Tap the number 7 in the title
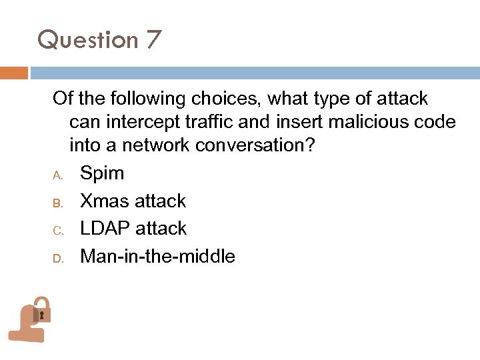pos(152,41)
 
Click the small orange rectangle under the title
pos(13,73)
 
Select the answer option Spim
pos(102,174)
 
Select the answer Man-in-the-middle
pos(157,257)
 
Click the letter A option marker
pos(57,175)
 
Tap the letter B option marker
pos(57,203)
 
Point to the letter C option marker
pos(57,230)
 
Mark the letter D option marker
pos(57,258)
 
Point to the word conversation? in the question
pos(260,145)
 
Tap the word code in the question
pos(437,122)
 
